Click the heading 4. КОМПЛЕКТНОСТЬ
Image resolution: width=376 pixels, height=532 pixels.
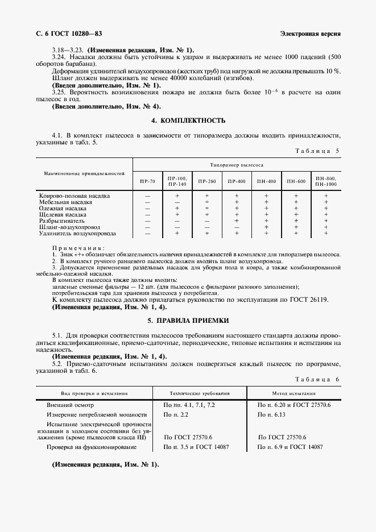(x=188, y=120)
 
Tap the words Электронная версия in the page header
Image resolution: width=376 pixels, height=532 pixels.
(x=311, y=34)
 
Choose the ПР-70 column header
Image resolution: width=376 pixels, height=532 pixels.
(x=147, y=181)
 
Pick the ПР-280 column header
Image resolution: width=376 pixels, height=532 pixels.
(x=206, y=181)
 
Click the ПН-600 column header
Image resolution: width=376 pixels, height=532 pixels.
(x=296, y=181)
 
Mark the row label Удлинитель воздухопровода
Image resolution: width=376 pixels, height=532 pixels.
(x=77, y=233)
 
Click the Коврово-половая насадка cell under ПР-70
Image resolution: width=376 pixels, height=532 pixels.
(x=147, y=196)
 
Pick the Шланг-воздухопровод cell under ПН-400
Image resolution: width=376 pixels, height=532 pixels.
(x=266, y=227)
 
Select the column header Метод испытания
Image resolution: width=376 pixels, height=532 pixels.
(x=294, y=393)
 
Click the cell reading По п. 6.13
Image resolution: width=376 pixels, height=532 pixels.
(x=273, y=415)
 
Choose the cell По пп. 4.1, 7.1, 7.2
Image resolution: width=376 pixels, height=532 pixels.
(x=189, y=405)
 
